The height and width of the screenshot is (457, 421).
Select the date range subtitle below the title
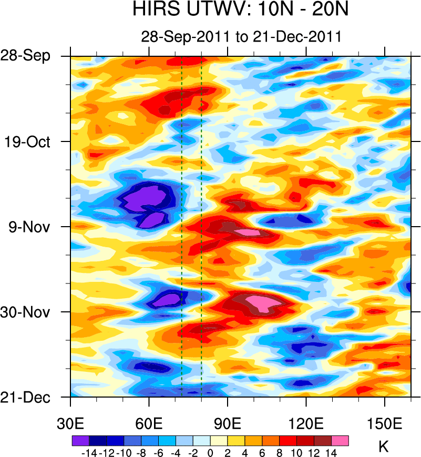click(241, 37)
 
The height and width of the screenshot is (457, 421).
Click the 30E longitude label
click(70, 423)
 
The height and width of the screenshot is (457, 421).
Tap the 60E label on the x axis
click(149, 423)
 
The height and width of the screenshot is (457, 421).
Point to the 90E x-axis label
click(228, 423)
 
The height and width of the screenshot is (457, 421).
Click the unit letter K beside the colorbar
click(383, 447)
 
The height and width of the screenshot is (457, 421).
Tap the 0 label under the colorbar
click(211, 452)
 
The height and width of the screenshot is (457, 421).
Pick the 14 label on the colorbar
click(331, 452)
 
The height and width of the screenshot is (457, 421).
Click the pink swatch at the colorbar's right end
click(340, 440)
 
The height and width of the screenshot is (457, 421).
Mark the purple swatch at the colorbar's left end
click(80, 440)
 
